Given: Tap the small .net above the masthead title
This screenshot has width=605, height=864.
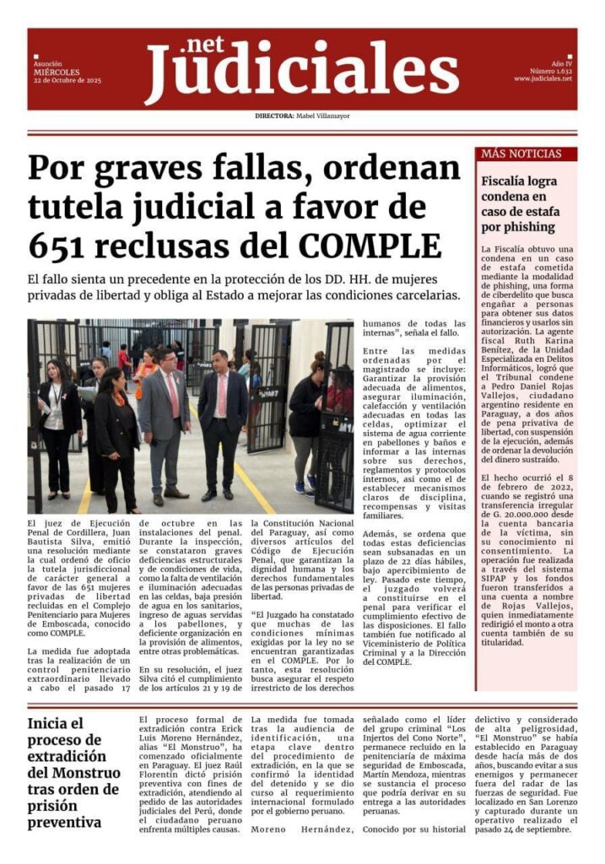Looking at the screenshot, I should pyautogui.click(x=204, y=45).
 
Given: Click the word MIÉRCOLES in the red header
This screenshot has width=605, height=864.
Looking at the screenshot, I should pyautogui.click(x=57, y=72).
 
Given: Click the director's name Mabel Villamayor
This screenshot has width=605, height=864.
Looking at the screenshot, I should pyautogui.click(x=322, y=116).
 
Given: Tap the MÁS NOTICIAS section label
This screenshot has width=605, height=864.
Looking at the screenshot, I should pyautogui.click(x=521, y=154).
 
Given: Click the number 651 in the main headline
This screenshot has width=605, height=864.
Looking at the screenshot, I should pyautogui.click(x=56, y=245).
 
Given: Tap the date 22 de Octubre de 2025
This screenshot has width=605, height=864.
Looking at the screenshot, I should pyautogui.click(x=68, y=80).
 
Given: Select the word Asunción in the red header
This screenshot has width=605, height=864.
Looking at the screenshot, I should pyautogui.click(x=47, y=63).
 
